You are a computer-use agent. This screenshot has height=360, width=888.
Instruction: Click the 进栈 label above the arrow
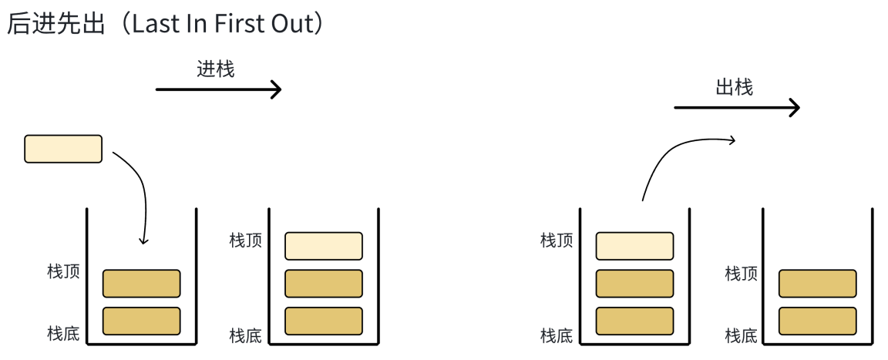[216, 69]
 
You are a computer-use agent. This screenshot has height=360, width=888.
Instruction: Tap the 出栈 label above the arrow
[734, 87]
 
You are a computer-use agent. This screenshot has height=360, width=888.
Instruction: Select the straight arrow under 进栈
[218, 89]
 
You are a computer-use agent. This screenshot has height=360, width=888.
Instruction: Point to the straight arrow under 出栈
[736, 108]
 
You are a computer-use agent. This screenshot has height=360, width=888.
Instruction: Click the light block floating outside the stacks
[63, 149]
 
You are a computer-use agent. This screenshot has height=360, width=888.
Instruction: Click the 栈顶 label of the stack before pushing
[63, 272]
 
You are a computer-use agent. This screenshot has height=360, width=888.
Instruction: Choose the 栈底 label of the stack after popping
[742, 336]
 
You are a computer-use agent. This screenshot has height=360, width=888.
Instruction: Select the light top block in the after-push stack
[324, 246]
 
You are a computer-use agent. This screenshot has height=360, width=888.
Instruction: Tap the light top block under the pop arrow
[634, 246]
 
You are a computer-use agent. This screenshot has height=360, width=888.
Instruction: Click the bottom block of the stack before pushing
[141, 321]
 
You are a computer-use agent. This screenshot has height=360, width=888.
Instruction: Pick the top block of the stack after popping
[817, 283]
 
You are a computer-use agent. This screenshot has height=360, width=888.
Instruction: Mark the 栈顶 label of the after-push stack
[246, 241]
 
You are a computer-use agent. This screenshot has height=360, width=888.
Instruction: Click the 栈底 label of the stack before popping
[557, 336]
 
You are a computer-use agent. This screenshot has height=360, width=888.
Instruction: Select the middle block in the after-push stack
[324, 283]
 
